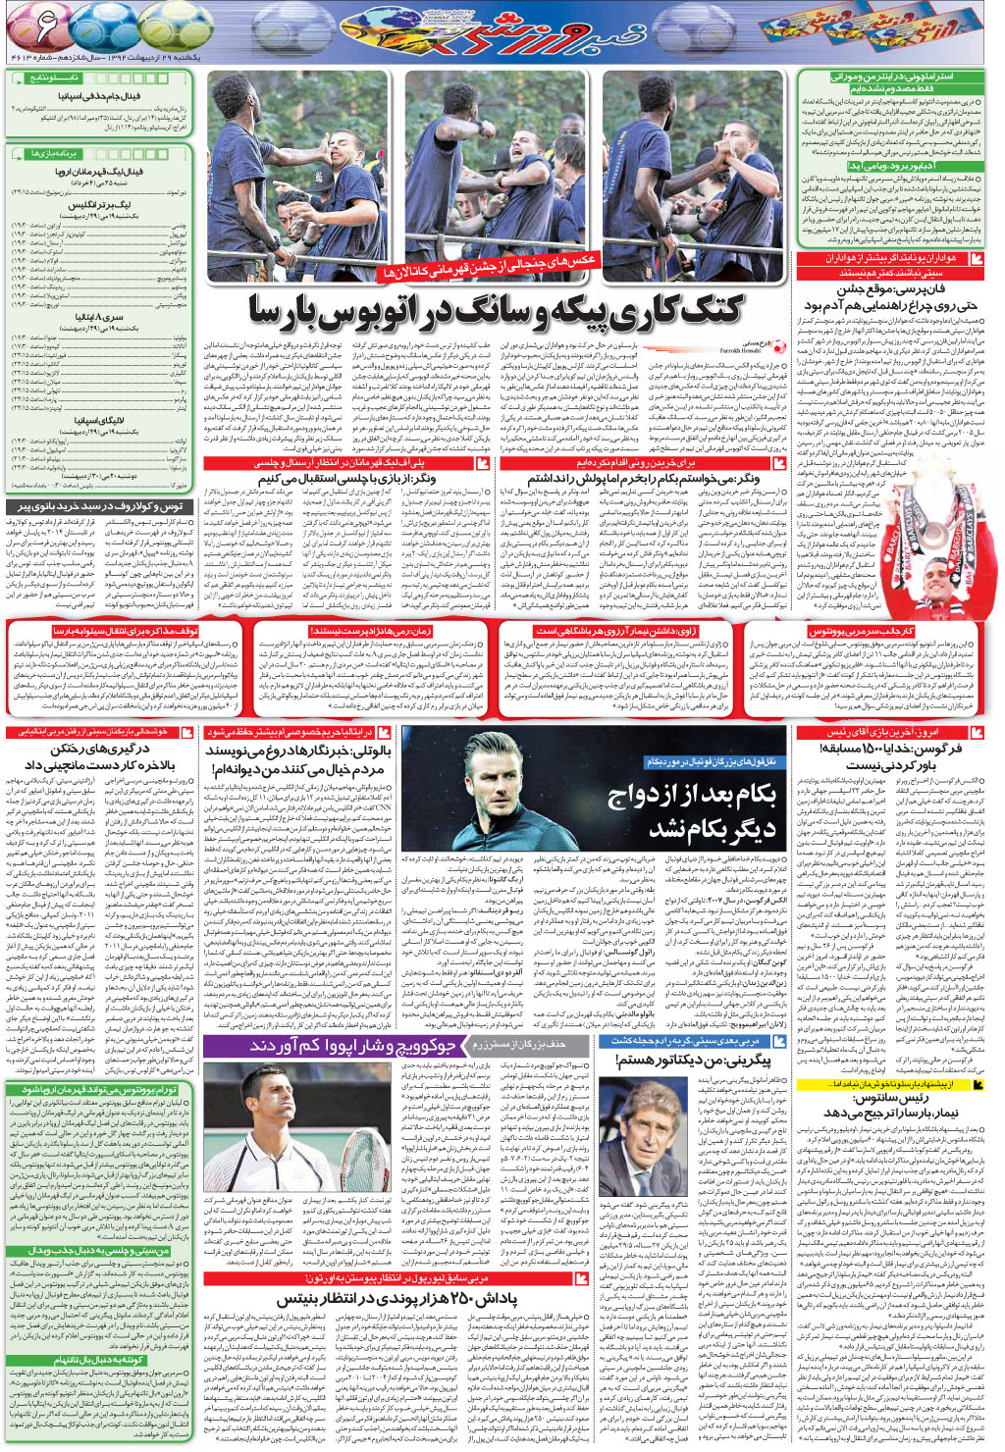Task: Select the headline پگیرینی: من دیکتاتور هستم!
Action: click(693, 1061)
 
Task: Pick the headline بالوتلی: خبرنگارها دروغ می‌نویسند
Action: click(299, 759)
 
